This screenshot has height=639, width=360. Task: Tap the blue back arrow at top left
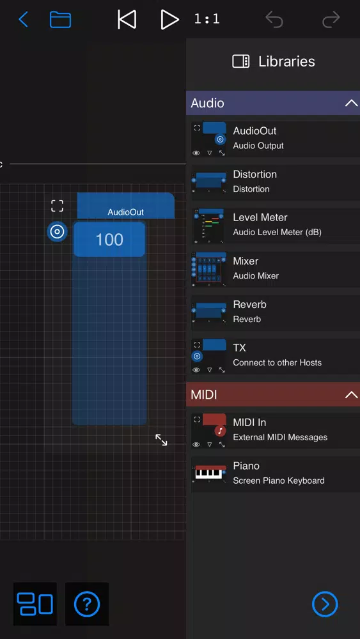tap(23, 19)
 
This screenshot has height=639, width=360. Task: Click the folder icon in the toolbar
tap(60, 19)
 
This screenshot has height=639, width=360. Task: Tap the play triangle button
tap(169, 19)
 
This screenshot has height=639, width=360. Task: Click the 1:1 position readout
tap(207, 19)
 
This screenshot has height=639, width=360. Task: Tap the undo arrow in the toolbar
tap(274, 19)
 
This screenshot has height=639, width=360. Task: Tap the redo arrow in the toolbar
tap(331, 19)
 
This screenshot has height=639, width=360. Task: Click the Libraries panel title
tap(286, 61)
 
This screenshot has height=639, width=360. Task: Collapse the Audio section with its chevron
tap(351, 103)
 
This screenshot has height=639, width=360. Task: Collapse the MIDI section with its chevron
tap(351, 394)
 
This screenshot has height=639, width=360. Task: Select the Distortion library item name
tap(254, 174)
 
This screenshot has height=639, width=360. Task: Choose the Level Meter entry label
tap(260, 218)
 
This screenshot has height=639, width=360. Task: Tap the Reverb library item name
tap(249, 304)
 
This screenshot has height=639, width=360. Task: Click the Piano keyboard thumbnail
tap(208, 474)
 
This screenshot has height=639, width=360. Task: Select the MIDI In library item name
tap(249, 422)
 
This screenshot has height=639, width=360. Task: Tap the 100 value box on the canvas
tap(109, 239)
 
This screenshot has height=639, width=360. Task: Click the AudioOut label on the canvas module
tap(125, 212)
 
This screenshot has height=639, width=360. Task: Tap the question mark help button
tap(87, 604)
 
